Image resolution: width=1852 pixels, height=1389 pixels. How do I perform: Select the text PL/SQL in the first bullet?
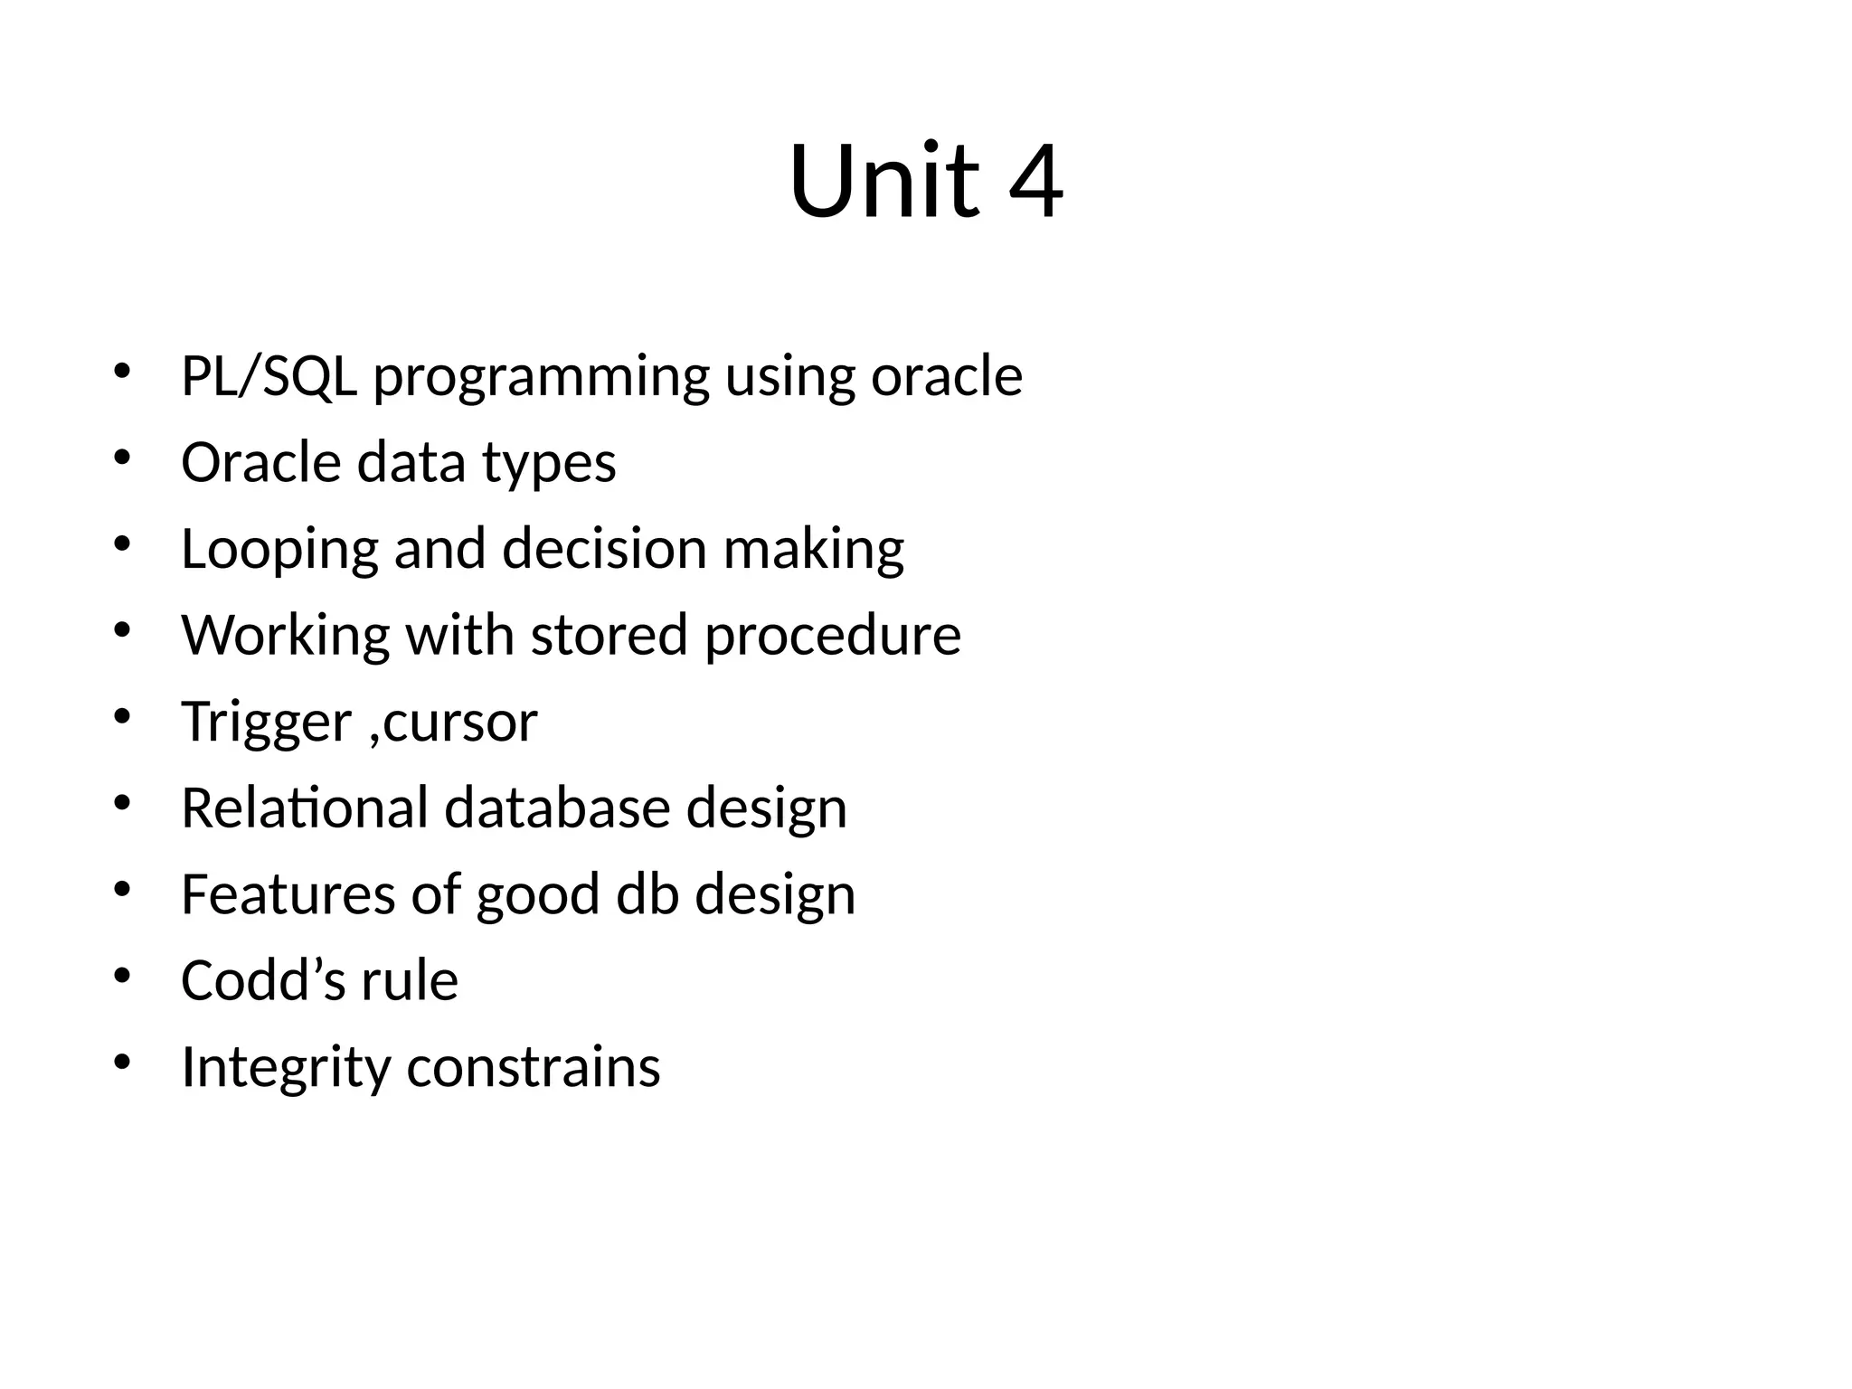click(269, 376)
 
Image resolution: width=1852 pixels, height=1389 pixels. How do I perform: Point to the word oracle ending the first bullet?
click(946, 376)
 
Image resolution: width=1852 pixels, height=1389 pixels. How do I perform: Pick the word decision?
click(604, 549)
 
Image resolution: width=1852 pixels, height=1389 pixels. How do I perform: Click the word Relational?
click(304, 808)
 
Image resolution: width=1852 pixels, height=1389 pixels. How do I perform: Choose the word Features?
click(288, 894)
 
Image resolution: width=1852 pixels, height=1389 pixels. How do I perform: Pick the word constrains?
click(534, 1067)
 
